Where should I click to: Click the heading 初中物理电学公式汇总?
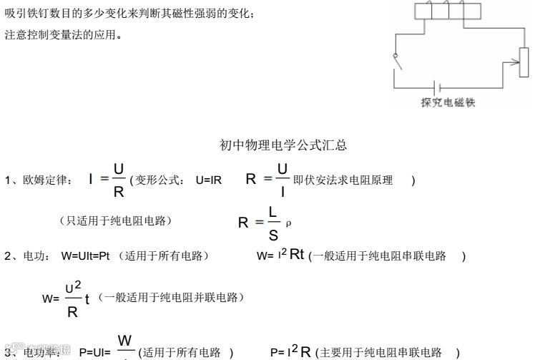click(283, 146)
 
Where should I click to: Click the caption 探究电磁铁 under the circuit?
click(448, 102)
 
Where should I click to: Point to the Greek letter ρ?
click(288, 223)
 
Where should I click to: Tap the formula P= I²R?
click(290, 351)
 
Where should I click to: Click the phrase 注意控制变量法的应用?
click(63, 34)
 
